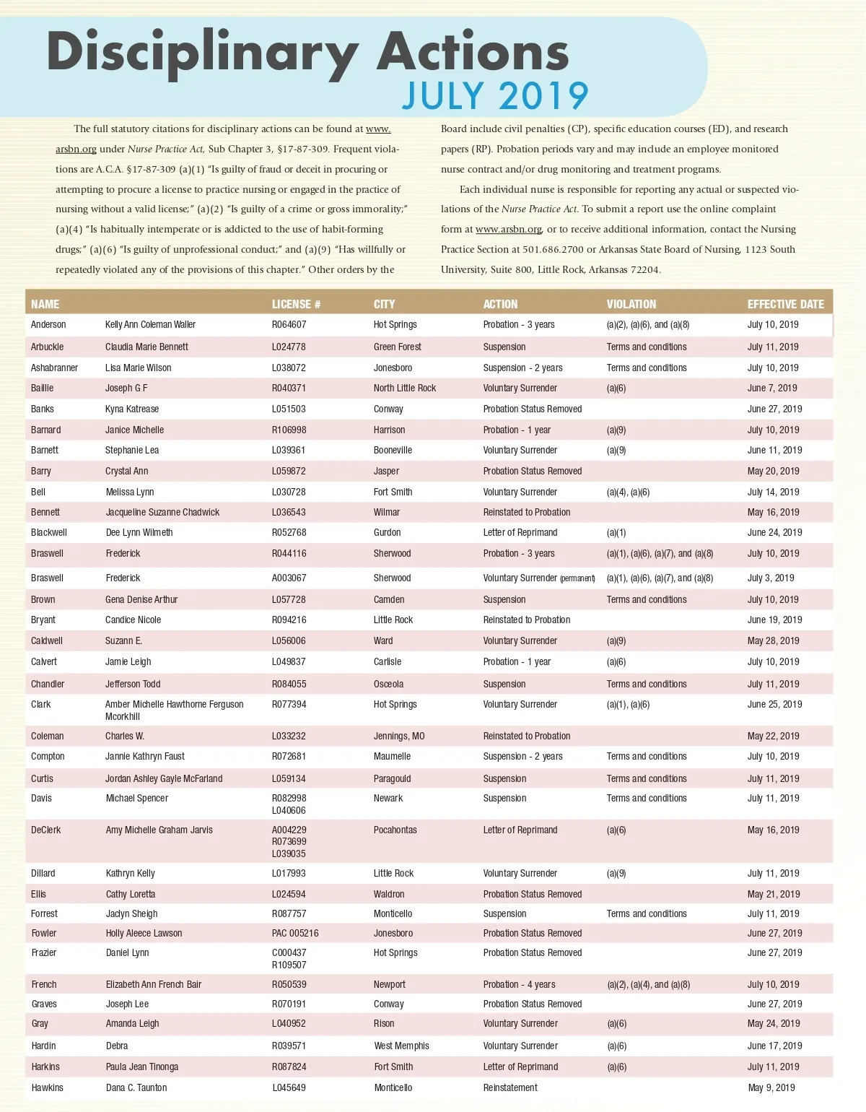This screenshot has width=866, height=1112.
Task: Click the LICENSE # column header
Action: pos(296,304)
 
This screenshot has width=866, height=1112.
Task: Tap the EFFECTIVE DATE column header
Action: pos(785,304)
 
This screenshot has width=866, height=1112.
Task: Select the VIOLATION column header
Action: pos(631,304)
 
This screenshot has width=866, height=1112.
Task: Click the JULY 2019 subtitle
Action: pos(495,96)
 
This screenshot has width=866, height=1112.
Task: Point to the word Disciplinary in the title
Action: pos(202,53)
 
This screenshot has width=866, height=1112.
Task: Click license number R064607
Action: pos(289,325)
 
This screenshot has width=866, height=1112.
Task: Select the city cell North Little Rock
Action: pos(404,388)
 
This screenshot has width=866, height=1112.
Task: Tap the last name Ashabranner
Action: pos(54,368)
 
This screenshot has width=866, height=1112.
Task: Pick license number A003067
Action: pos(289,578)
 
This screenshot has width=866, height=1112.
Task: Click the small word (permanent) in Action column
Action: pos(577,578)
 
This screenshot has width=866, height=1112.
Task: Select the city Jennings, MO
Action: pos(398,736)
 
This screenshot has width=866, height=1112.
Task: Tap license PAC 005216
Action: pos(294,933)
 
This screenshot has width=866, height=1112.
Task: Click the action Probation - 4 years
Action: pos(519,984)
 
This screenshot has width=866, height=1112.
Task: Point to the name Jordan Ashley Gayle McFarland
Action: pos(164,778)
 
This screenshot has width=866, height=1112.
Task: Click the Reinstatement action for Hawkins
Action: pos(510,1087)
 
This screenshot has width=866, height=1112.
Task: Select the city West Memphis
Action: pos(401,1046)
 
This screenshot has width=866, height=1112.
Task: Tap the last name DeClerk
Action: pos(46,830)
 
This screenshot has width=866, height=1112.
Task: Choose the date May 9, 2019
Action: pos(771,1087)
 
